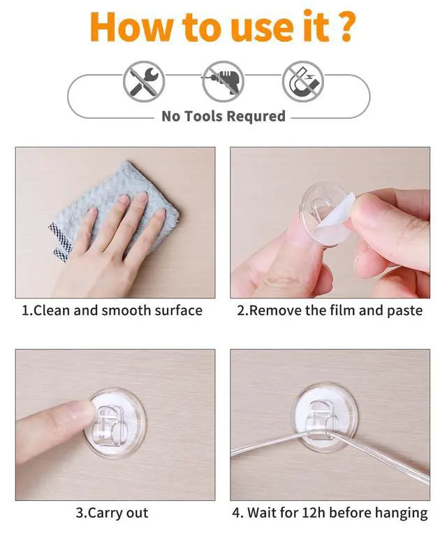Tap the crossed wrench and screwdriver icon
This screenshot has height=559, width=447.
click(144, 81)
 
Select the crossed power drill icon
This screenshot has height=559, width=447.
click(223, 81)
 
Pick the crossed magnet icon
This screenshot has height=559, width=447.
click(302, 81)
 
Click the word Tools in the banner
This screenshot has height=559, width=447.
click(208, 116)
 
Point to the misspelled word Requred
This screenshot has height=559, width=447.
click(258, 116)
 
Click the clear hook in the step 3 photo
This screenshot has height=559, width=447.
click(115, 419)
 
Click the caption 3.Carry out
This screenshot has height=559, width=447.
click(112, 513)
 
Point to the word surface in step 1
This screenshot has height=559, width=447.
click(177, 310)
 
